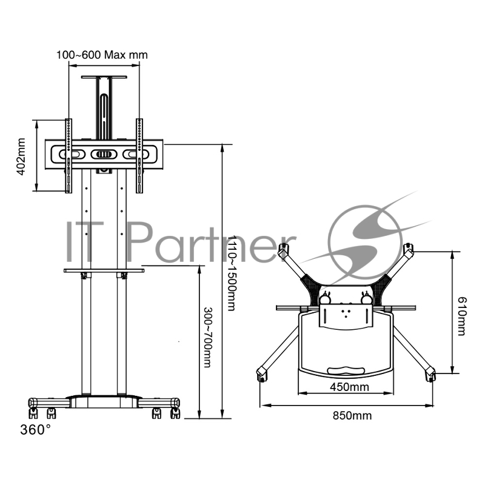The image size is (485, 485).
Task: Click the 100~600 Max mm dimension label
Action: tap(102, 55)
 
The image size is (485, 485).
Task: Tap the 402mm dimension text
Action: tap(21, 156)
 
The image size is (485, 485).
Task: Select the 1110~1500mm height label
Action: tap(232, 273)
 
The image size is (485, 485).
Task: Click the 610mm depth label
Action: tap(461, 316)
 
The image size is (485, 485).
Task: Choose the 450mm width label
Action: tap(350, 387)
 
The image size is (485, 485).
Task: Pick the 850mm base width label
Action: tap(352, 415)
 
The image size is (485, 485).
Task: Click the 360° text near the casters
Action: tap(35, 430)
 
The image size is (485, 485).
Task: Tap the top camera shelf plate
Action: tap(104, 77)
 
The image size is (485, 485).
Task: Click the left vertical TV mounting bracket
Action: tap(69, 156)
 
